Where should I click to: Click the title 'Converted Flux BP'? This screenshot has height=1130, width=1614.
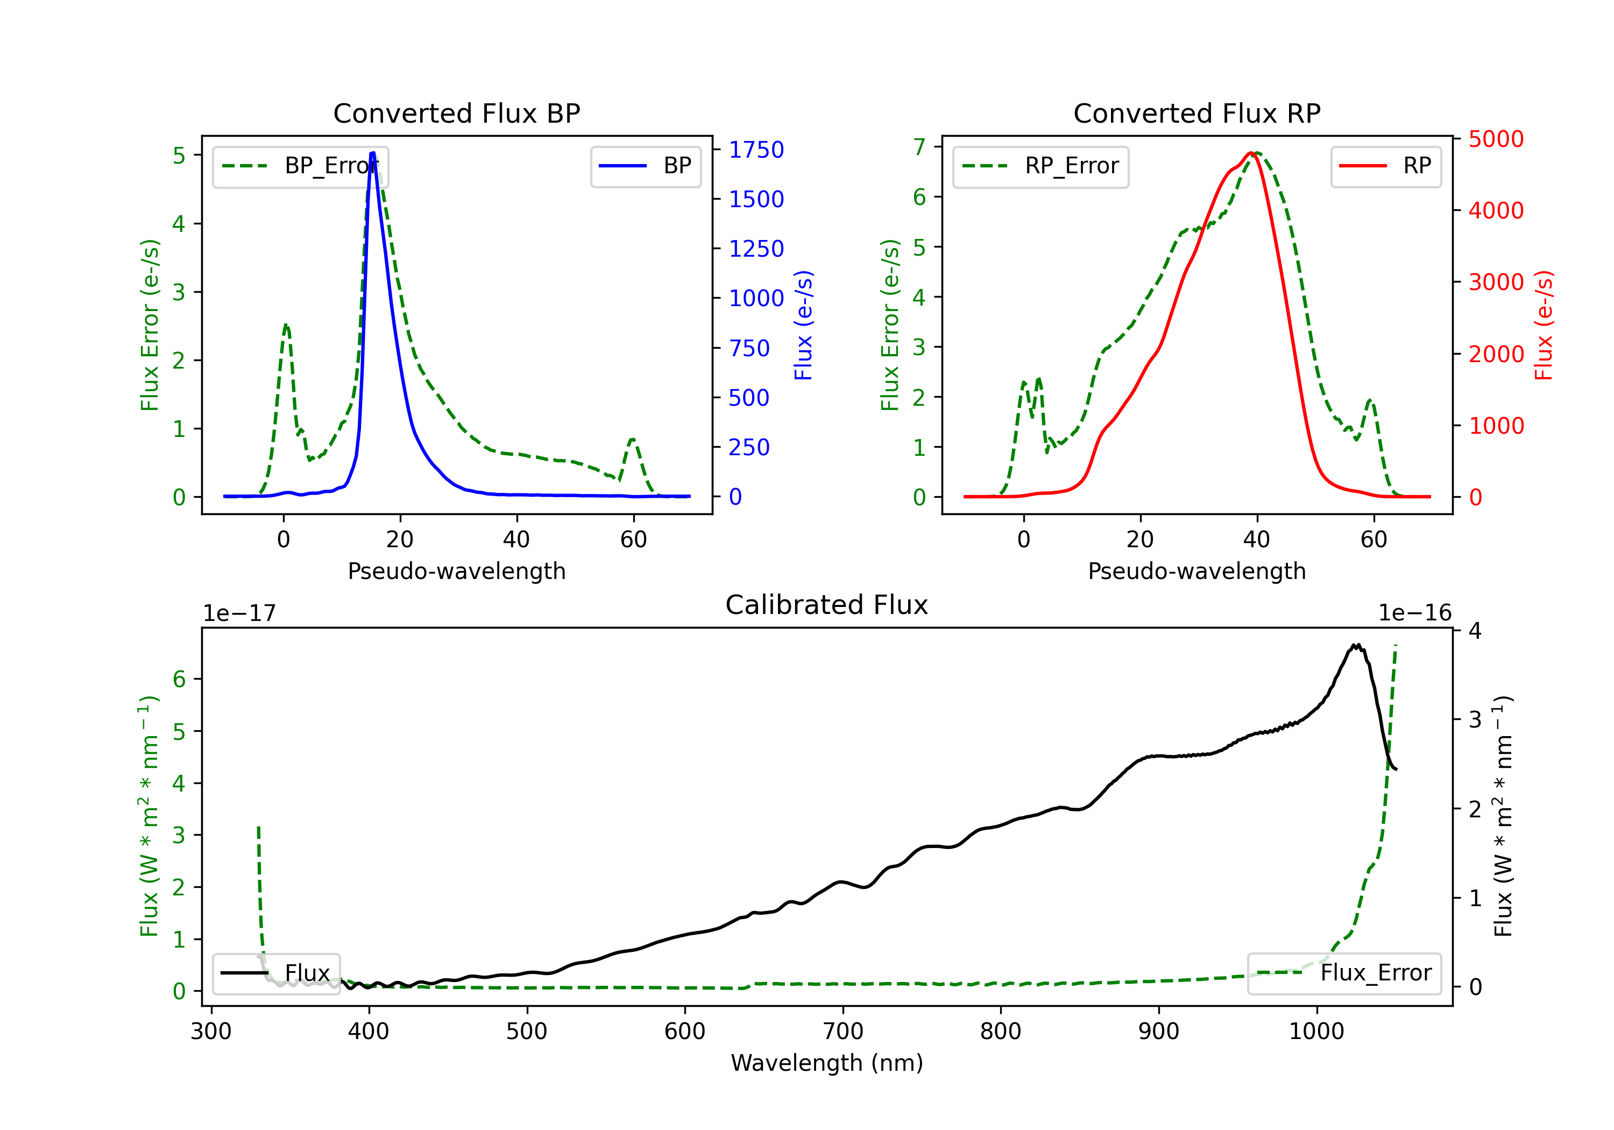456,113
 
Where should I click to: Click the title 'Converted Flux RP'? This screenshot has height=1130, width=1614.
1197,113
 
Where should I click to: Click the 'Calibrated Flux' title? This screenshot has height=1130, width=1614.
827,605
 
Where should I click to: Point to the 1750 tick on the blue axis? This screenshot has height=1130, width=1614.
756,150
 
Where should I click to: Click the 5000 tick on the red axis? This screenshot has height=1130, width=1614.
1496,139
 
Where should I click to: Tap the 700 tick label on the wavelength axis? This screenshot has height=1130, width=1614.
843,1032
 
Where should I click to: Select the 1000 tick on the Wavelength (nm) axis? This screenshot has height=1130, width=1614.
1316,1032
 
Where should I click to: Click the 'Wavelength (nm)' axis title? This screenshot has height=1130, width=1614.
827,1063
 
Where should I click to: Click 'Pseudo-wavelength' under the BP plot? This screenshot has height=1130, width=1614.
457,571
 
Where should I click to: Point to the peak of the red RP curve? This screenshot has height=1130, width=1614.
1251,153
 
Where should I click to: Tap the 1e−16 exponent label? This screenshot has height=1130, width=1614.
1414,613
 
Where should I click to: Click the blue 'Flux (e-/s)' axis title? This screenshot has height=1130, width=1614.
803,325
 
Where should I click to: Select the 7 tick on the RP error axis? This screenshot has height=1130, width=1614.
919,147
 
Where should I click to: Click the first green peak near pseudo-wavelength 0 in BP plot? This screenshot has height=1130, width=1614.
285,325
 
